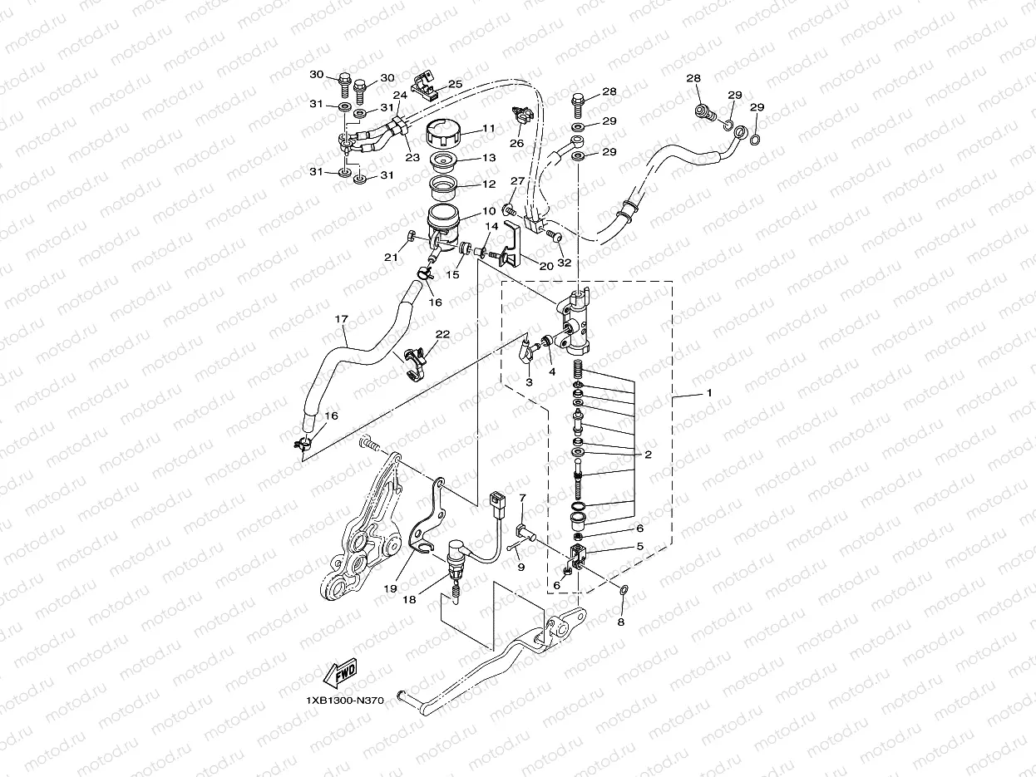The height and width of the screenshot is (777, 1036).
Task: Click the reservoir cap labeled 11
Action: (446, 134)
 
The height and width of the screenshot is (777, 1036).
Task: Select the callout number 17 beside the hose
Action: (341, 318)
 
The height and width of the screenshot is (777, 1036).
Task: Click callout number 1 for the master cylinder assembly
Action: (708, 392)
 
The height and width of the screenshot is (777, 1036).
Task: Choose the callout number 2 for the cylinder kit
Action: (648, 455)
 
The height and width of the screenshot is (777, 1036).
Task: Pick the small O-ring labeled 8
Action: (623, 590)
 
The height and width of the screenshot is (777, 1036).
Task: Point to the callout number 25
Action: (455, 84)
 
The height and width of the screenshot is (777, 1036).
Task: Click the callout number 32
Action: (565, 262)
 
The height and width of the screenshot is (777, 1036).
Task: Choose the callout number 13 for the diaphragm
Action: (488, 157)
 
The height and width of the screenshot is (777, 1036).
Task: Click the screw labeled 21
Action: (412, 239)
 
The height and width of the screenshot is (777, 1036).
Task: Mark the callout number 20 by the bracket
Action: (545, 266)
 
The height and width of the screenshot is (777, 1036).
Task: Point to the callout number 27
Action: (517, 181)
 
